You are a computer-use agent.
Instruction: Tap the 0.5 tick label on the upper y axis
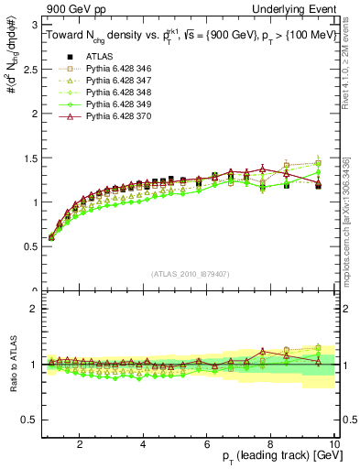tap(28, 246)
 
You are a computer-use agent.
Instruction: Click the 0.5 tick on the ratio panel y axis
tap(28, 420)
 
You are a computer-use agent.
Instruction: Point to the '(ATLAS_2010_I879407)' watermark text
tap(190, 273)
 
